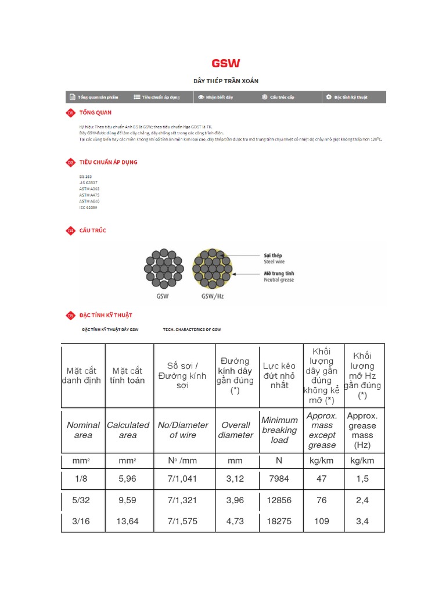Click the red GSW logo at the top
pyautogui.click(x=225, y=63)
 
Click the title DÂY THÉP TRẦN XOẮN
pyautogui.click(x=226, y=81)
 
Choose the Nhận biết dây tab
pyautogui.click(x=215, y=97)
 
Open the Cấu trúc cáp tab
pyautogui.click(x=278, y=97)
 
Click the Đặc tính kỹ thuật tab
pyautogui.click(x=347, y=97)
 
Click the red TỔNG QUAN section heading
pyautogui.click(x=95, y=113)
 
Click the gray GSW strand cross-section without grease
pyautogui.click(x=164, y=268)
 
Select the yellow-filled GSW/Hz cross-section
pyautogui.click(x=212, y=268)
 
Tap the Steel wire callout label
pyautogui.click(x=275, y=259)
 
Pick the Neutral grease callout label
pyautogui.click(x=279, y=276)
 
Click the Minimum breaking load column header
pyautogui.click(x=279, y=430)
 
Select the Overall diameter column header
pyautogui.click(x=235, y=430)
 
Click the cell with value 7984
pyautogui.click(x=279, y=478)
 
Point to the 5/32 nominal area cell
pyautogui.click(x=83, y=500)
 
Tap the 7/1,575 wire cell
pyautogui.click(x=182, y=521)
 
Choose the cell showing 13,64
pyautogui.click(x=128, y=521)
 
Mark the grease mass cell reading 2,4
pyautogui.click(x=362, y=500)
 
